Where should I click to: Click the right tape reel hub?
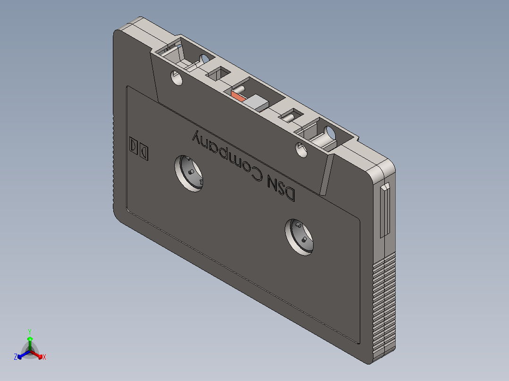[299, 237]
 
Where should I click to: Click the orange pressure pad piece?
[238, 96]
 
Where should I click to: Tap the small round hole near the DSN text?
[301, 149]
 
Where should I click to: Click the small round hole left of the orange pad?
[176, 78]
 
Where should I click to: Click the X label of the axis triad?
[44, 357]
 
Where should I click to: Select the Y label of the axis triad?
[30, 331]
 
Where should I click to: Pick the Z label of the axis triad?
[16, 357]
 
